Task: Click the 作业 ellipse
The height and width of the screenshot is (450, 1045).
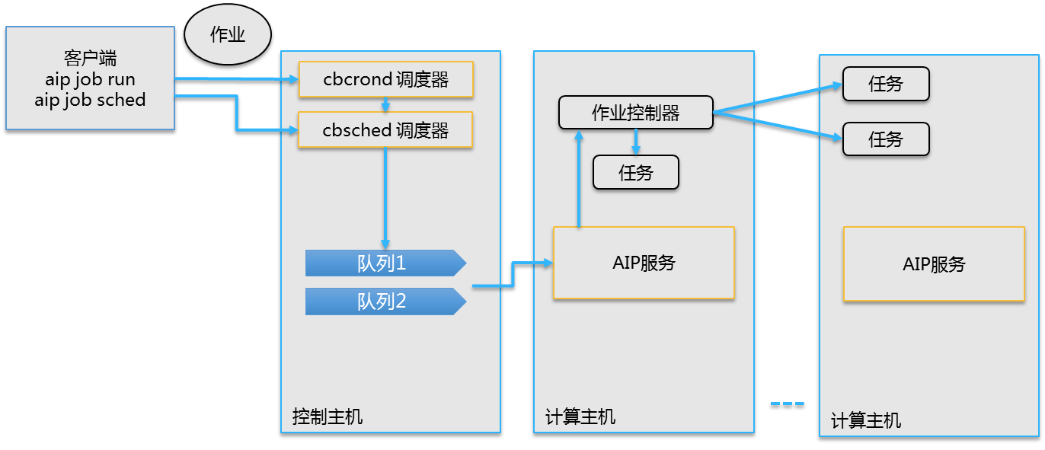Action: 228,35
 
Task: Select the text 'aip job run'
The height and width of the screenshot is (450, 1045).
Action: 90,79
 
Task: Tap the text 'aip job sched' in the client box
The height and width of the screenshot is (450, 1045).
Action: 90,100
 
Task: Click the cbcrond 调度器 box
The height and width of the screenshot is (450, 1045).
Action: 386,79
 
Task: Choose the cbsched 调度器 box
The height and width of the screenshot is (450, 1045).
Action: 385,129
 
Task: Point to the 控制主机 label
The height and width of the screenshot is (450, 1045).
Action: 328,416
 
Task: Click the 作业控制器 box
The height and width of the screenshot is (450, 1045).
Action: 636,113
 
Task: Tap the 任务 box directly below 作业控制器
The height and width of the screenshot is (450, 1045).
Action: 636,173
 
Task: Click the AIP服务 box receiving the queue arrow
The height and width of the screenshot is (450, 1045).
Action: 644,263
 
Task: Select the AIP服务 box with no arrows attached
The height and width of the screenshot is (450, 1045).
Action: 934,263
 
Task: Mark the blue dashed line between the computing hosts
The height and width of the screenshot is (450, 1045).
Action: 787,403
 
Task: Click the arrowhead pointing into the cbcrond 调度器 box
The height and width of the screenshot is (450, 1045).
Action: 292,79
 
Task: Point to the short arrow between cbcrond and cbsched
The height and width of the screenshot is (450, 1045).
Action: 385,104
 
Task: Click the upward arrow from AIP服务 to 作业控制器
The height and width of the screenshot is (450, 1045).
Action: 579,179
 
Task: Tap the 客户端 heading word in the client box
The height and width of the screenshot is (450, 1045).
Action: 90,59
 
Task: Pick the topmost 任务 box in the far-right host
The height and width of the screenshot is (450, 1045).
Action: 886,84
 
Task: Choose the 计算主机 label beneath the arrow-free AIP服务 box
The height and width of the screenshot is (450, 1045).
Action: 866,420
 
